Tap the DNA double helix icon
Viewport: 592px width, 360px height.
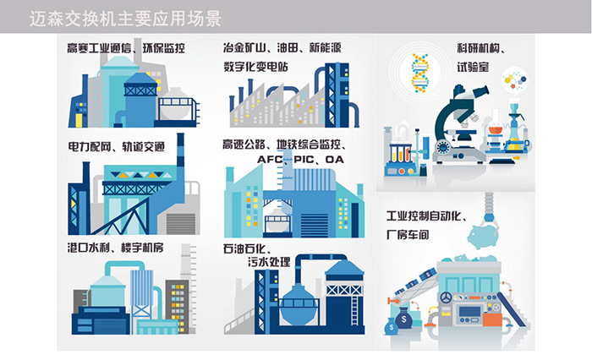coord(417,74)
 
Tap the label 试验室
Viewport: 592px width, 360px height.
coord(474,64)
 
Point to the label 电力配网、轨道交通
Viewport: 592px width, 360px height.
coord(116,145)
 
